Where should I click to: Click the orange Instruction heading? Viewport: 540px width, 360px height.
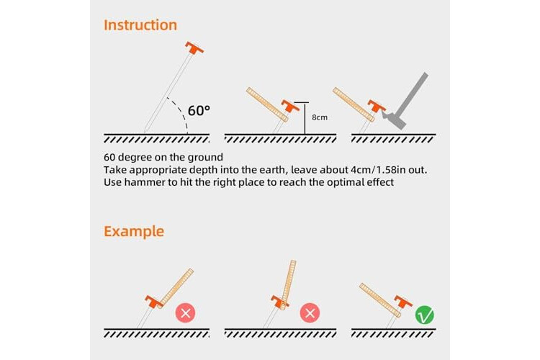coord(140,25)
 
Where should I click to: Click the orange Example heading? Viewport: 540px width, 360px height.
coord(134,231)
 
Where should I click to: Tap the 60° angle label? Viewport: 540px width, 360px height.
coord(199,111)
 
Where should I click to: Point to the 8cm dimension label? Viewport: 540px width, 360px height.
coord(320,117)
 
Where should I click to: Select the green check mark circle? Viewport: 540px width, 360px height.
coord(425,315)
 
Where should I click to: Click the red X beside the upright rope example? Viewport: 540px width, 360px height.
coord(310,312)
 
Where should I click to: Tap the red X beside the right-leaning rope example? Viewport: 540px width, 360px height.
coord(186,312)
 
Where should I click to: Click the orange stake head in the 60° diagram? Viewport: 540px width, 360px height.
coord(194,48)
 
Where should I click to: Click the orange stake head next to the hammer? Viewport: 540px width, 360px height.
coord(377,106)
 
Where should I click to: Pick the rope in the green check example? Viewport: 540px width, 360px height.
coord(380,300)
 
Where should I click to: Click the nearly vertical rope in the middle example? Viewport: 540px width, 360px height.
coord(288,285)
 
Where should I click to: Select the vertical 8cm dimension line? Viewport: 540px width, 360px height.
coord(305,118)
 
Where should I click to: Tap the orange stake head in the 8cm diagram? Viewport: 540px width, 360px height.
coord(290,106)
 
